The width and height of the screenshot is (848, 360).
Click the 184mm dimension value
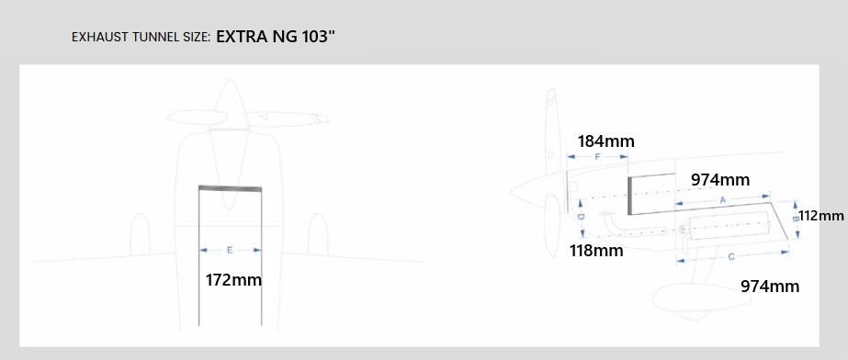click(x=605, y=141)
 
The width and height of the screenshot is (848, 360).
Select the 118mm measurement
click(x=596, y=251)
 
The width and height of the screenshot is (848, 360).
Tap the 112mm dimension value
click(x=821, y=216)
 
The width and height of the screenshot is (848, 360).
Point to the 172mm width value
click(x=233, y=280)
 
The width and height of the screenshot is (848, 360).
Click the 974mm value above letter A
click(x=720, y=180)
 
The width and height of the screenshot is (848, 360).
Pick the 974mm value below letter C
click(x=770, y=286)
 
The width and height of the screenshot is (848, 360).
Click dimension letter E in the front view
click(x=230, y=251)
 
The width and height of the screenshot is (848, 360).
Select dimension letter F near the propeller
click(x=597, y=157)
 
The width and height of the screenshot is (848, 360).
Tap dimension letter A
click(x=722, y=199)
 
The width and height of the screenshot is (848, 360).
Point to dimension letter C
click(x=731, y=257)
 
